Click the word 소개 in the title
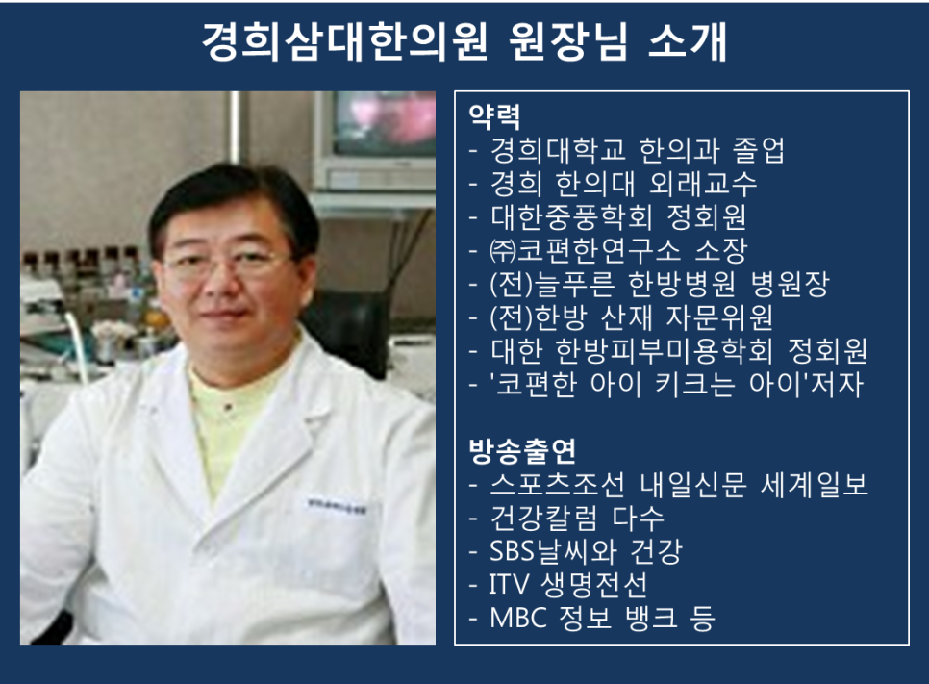pos(688,42)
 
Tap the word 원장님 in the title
pos(567,42)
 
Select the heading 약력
pos(494,116)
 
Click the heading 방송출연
pos(522,451)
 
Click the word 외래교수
pos(703,184)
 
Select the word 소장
pos(721,251)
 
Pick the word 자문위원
pos(719,317)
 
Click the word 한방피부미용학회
pos(665,351)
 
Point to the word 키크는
pos(694,385)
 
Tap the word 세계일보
pos(814,485)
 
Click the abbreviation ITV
pos(509,585)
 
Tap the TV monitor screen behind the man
pos(385,123)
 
